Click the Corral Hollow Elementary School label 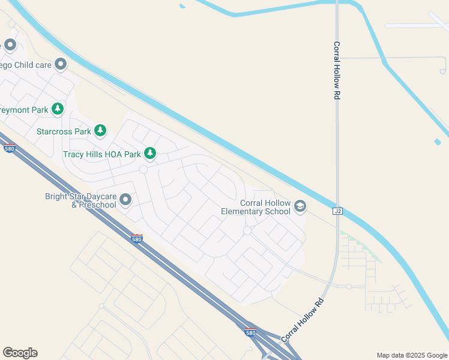pyautogui.click(x=255, y=208)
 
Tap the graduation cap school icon pyautogui.click(x=300, y=208)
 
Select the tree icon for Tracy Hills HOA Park pyautogui.click(x=150, y=154)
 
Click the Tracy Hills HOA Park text pyautogui.click(x=101, y=154)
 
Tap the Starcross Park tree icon pyautogui.click(x=100, y=131)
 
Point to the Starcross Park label pyautogui.click(x=64, y=131)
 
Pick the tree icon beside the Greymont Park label pyautogui.click(x=58, y=109)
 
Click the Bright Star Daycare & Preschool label pyautogui.click(x=80, y=200)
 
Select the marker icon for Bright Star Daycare pyautogui.click(x=125, y=199)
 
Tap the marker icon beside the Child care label pyautogui.click(x=60, y=64)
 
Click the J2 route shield pyautogui.click(x=337, y=211)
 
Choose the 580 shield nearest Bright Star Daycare pyautogui.click(x=137, y=239)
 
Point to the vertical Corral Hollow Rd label pyautogui.click(x=337, y=70)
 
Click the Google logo pyautogui.click(x=20, y=353)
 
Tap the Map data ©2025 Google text pyautogui.click(x=412, y=355)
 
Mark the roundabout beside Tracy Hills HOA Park pyautogui.click(x=143, y=170)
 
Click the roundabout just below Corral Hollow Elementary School pyautogui.click(x=247, y=231)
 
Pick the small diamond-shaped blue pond pyautogui.click(x=438, y=142)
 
